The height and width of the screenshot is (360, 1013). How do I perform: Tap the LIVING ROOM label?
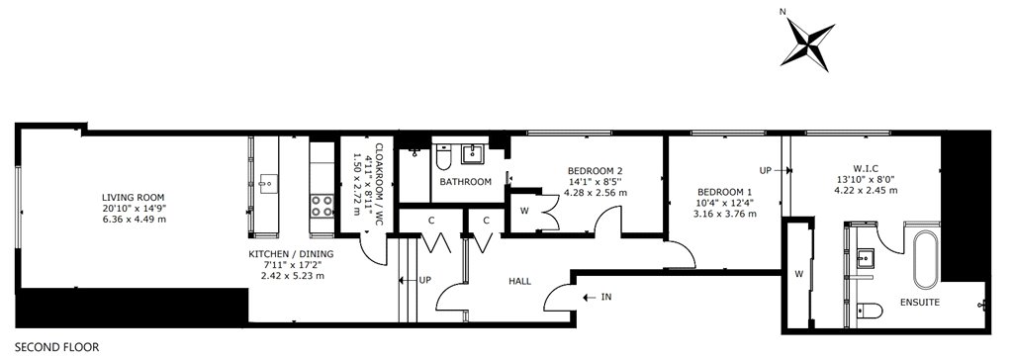[134, 197]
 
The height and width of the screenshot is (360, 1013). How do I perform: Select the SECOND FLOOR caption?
[56, 348]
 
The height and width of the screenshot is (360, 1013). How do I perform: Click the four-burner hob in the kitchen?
[322, 206]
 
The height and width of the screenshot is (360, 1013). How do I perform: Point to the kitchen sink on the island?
[266, 184]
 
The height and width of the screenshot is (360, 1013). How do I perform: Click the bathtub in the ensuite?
[927, 260]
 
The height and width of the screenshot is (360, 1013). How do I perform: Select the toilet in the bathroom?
[444, 157]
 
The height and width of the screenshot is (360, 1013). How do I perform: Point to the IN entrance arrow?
[589, 298]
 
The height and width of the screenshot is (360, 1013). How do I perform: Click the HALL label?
[520, 281]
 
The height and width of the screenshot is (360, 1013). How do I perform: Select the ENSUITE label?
[920, 302]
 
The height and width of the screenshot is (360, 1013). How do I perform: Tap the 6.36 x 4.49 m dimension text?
[134, 219]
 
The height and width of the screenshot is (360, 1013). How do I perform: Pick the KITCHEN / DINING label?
[292, 254]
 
